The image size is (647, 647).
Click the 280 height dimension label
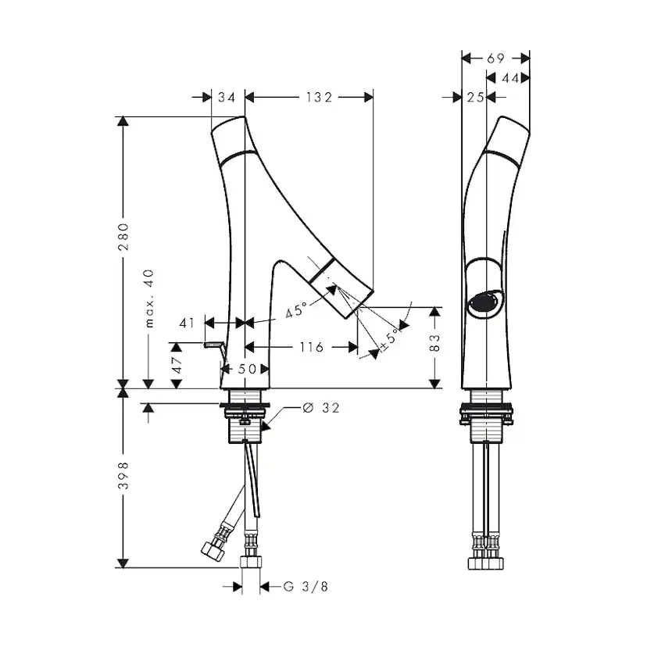pyautogui.click(x=123, y=237)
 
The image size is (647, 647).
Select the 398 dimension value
pyautogui.click(x=123, y=475)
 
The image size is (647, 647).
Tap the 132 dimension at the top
pyautogui.click(x=319, y=98)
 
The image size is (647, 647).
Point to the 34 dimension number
pyautogui.click(x=227, y=98)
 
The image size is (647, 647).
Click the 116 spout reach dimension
pyautogui.click(x=312, y=347)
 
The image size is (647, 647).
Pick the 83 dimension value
pyautogui.click(x=435, y=343)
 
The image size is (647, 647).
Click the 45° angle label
pyautogui.click(x=297, y=309)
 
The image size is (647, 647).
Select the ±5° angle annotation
pyautogui.click(x=389, y=339)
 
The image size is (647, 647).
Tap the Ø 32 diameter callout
pyautogui.click(x=321, y=408)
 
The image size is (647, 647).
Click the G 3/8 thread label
pyautogui.click(x=306, y=586)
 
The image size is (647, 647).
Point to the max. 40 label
pyautogui.click(x=149, y=298)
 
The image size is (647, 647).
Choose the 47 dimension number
pyautogui.click(x=177, y=365)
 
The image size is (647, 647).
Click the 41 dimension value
pyautogui.click(x=187, y=323)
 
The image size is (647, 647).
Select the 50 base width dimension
pyautogui.click(x=247, y=369)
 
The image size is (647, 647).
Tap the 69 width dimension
pyautogui.click(x=495, y=59)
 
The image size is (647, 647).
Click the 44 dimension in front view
pyautogui.click(x=510, y=78)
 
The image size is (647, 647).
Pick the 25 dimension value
pyautogui.click(x=475, y=98)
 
